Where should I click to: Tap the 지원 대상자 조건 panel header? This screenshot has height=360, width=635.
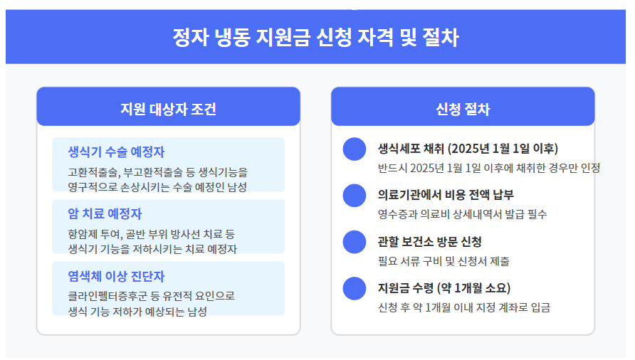click(168, 109)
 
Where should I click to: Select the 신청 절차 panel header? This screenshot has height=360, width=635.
click(463, 109)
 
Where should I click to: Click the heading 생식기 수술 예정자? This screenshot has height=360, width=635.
click(116, 152)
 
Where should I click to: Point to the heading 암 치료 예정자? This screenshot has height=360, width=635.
click(105, 213)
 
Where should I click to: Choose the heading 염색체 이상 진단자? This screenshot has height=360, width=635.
click(116, 275)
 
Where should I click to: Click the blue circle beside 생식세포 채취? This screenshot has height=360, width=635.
click(354, 149)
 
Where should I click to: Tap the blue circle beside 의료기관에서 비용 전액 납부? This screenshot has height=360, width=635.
click(354, 196)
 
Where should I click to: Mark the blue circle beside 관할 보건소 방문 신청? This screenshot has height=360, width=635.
click(354, 242)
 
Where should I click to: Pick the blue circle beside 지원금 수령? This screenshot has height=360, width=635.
click(354, 289)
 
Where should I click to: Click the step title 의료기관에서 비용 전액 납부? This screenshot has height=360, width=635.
click(446, 195)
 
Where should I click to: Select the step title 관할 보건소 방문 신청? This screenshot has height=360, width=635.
click(430, 241)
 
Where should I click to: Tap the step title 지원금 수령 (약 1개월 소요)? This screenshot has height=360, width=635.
click(444, 288)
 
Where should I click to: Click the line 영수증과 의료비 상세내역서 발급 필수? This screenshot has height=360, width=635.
click(462, 214)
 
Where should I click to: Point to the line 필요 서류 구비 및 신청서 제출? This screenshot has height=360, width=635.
click(444, 261)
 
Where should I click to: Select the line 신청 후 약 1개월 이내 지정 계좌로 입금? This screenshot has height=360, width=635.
click(464, 308)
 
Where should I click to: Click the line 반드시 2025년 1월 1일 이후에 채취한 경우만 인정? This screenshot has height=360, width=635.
click(489, 168)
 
